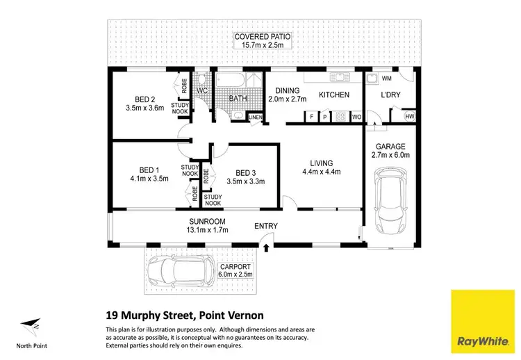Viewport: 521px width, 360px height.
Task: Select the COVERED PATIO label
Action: [x=263, y=37]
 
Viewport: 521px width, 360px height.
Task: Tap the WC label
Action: [x=203, y=91]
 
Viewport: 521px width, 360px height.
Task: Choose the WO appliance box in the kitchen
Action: [x=356, y=117]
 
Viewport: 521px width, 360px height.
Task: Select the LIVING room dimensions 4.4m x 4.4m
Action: [x=321, y=174]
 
